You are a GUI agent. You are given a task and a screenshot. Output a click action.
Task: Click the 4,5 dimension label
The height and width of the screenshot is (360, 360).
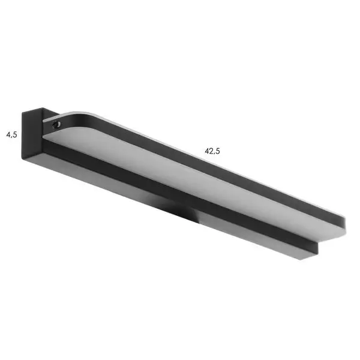click(x=12, y=134)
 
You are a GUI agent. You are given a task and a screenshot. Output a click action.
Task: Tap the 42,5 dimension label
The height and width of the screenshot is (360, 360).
click(x=212, y=151)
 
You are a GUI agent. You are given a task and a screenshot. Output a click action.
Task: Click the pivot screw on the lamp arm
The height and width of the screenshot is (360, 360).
click(x=56, y=124)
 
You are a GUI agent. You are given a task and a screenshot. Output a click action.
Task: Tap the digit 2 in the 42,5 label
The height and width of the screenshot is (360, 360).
click(x=211, y=151)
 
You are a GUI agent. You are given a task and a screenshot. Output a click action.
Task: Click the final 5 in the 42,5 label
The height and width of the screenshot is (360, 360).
click(x=218, y=151)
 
